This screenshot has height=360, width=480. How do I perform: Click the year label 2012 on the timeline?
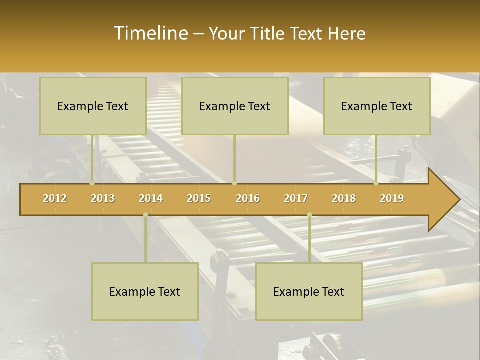pyautogui.click(x=55, y=198)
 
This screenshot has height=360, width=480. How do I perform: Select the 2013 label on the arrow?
pyautogui.click(x=103, y=198)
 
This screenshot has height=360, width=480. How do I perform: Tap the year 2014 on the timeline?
pyautogui.click(x=151, y=198)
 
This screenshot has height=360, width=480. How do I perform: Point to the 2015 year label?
pyautogui.click(x=199, y=198)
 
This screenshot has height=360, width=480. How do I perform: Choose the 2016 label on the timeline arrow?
pyautogui.click(x=248, y=198)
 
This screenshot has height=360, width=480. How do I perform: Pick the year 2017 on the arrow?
pyautogui.click(x=296, y=198)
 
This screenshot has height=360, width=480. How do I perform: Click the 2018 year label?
pyautogui.click(x=344, y=198)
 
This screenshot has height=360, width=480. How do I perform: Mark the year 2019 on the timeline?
pyautogui.click(x=392, y=198)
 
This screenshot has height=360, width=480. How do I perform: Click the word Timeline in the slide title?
pyautogui.click(x=150, y=33)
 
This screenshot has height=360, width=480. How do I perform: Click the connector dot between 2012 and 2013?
pyautogui.click(x=92, y=183)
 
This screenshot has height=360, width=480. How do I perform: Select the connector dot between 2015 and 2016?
pyautogui.click(x=234, y=183)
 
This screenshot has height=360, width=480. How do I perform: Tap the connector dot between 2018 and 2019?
pyautogui.click(x=376, y=183)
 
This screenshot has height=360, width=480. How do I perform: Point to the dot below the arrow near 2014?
pyautogui.click(x=145, y=215)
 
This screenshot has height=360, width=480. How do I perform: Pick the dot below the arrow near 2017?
pyautogui.click(x=309, y=215)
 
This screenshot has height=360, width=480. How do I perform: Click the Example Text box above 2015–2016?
pyautogui.click(x=235, y=106)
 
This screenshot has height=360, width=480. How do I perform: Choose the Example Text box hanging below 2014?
pyautogui.click(x=145, y=291)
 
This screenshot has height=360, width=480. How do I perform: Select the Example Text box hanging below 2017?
pyautogui.click(x=309, y=291)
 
